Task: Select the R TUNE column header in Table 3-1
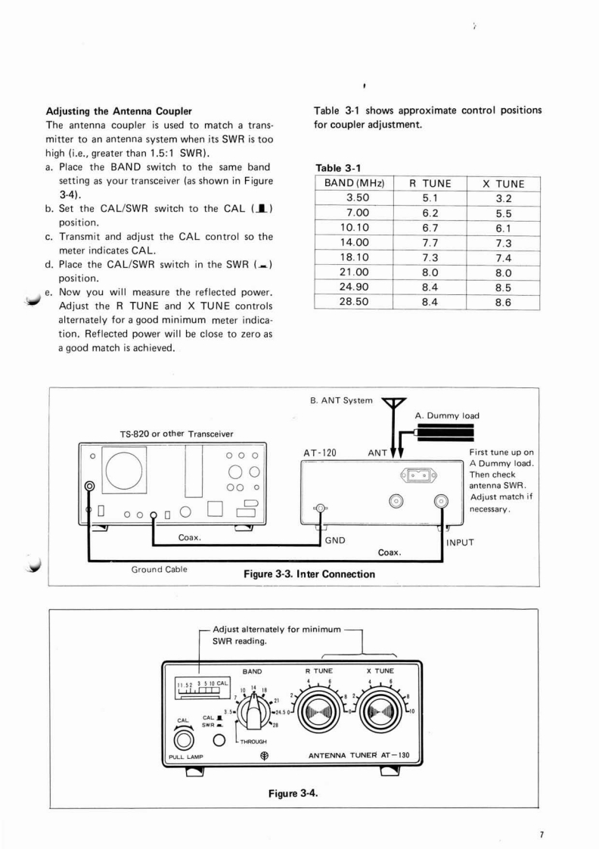tap(430, 183)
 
